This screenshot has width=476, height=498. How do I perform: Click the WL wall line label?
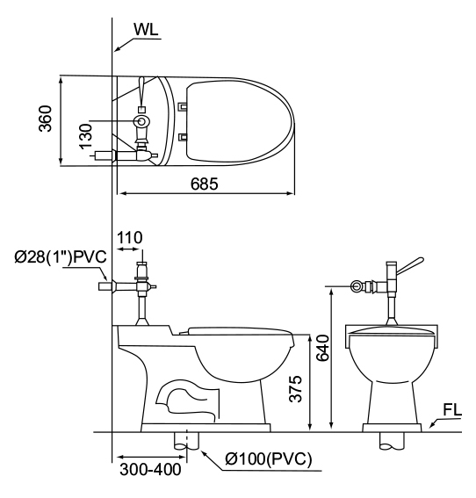(x=146, y=30)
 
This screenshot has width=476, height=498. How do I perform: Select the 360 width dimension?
(x=45, y=119)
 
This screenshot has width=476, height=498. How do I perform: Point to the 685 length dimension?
(x=204, y=184)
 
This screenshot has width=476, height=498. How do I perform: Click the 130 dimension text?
(x=86, y=136)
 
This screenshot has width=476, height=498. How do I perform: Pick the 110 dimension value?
(x=130, y=237)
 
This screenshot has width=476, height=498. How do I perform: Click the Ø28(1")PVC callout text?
(x=61, y=256)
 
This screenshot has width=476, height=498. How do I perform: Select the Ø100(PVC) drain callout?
(x=269, y=458)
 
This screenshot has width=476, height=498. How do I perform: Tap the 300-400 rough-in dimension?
(x=150, y=469)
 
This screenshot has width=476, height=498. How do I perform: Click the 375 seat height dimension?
(x=295, y=389)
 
